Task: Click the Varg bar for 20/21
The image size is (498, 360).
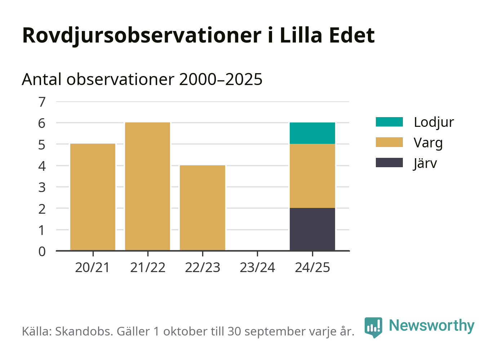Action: [93, 197]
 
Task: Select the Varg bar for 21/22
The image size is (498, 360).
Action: [147, 186]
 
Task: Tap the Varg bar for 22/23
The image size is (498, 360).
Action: [203, 208]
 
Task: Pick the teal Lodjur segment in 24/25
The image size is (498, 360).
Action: [312, 133]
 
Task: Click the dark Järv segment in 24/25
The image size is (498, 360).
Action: [312, 229]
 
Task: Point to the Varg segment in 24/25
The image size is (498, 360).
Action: [312, 176]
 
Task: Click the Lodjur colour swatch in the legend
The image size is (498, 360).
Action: [389, 122]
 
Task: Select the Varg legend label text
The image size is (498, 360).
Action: [428, 143]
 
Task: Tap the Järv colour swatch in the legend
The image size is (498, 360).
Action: [389, 163]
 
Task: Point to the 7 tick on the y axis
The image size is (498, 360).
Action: [42, 102]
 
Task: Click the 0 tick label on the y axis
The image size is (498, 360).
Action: [42, 251]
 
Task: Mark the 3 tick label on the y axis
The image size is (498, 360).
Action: [42, 187]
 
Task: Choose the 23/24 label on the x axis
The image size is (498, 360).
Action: [257, 267]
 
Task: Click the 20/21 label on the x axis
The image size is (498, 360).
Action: [93, 267]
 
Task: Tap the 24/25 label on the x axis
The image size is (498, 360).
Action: [312, 267]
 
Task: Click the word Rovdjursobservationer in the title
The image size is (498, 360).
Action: [142, 35]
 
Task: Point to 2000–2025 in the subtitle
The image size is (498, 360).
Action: [221, 79]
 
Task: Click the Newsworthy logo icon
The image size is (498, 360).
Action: [373, 327]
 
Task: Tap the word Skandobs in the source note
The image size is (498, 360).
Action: [83, 331]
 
